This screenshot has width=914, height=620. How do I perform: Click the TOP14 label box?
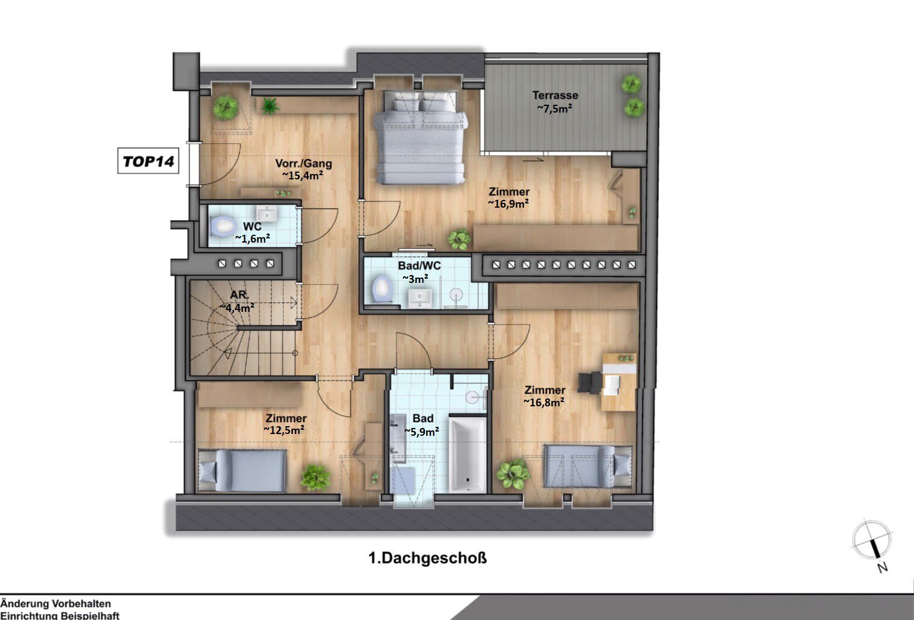point(148,161)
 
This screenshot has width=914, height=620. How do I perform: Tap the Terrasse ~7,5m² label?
point(555,102)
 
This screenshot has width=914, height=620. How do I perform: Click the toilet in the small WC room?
point(221,226)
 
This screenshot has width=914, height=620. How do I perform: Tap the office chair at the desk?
point(589,382)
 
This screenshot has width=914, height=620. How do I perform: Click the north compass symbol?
point(872,541)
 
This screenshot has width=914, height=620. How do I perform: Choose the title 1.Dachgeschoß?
point(427,558)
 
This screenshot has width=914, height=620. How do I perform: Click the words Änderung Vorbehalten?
point(56,603)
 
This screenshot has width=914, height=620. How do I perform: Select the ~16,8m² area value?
point(543,402)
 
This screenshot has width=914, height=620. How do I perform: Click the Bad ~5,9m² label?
point(422,425)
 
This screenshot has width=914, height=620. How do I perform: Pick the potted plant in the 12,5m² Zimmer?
point(315,477)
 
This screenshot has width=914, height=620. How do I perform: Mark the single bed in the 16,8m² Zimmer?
point(587,465)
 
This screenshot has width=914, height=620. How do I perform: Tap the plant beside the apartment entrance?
point(225,107)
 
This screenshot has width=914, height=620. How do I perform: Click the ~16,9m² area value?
point(508,204)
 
